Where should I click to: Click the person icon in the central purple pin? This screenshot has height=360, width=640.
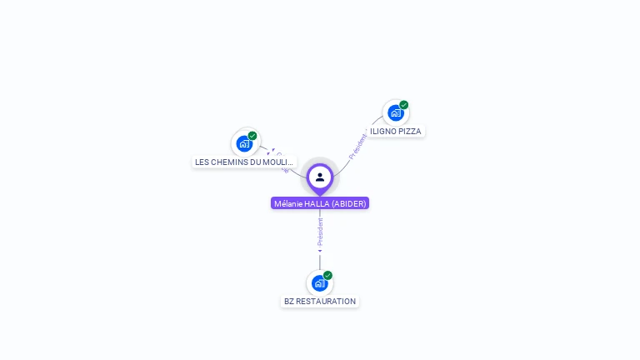[x=320, y=177]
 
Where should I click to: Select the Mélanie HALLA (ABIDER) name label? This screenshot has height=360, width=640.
[x=320, y=203]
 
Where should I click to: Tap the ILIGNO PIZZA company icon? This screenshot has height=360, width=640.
[x=395, y=112]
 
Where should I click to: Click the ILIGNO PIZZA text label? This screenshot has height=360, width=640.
[x=396, y=132]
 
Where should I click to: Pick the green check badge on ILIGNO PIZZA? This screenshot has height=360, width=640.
[x=404, y=105]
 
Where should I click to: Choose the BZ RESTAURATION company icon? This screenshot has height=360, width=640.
[x=319, y=282]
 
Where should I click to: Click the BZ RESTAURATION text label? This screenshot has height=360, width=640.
[x=320, y=302]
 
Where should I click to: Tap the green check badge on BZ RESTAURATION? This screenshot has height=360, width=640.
[x=328, y=275]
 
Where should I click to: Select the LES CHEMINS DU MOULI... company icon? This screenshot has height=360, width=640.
[x=244, y=143]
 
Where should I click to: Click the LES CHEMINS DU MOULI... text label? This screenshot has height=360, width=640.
[x=244, y=162]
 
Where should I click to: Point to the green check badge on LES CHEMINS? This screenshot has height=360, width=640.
[x=252, y=136]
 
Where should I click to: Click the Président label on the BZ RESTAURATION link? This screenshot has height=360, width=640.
[x=320, y=232]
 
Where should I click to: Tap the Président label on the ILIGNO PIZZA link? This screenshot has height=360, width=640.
[x=358, y=144]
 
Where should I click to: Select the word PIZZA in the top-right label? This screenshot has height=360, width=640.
[x=409, y=132]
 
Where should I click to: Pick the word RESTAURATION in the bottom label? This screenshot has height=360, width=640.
[x=326, y=302]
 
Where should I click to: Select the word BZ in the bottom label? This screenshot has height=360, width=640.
[x=289, y=302]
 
